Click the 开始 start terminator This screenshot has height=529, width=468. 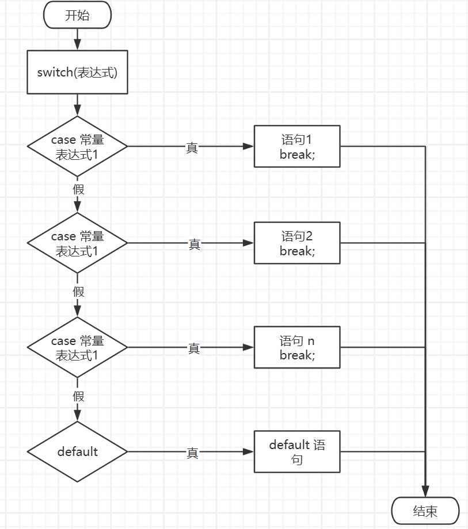click(77, 16)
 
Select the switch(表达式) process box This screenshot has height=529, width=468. click(77, 72)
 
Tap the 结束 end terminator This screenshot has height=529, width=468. click(425, 511)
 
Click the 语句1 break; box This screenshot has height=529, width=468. click(297, 147)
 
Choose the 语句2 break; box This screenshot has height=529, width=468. click(297, 243)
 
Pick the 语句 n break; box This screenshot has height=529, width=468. click(297, 348)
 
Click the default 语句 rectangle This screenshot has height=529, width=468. click(297, 452)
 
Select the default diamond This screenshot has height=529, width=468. click(77, 452)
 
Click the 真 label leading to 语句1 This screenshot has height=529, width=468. click(192, 147)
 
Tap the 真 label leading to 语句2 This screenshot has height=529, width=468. click(194, 244)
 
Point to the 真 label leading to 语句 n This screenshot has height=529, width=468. click(193, 348)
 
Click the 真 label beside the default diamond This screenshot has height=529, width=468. click(192, 453)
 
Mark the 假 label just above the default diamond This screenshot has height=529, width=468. click(78, 396)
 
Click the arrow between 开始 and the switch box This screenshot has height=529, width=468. click(77, 40)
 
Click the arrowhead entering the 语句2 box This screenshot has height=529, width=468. click(249, 243)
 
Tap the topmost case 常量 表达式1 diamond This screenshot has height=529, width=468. click(77, 147)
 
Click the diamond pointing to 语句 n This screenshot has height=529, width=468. click(77, 348)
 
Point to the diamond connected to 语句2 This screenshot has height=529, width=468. click(77, 243)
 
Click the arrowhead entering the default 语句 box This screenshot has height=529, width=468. click(249, 452)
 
